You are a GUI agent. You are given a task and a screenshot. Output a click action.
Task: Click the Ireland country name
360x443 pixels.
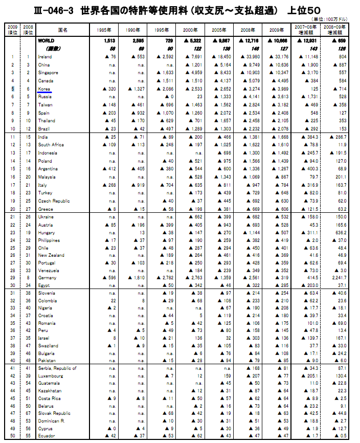click(45, 57)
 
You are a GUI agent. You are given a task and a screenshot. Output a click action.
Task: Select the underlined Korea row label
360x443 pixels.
click(43, 88)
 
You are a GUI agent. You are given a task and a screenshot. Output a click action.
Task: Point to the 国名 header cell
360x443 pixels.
click(63, 30)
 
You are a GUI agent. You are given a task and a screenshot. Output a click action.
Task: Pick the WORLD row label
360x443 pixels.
click(46, 40)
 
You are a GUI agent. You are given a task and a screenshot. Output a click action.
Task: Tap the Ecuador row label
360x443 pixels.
click(46, 435)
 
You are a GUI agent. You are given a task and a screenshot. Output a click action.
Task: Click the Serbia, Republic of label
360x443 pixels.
click(57, 368)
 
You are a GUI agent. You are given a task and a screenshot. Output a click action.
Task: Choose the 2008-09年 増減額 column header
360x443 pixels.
click(341, 30)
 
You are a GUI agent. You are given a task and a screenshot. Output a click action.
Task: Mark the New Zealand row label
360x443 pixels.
click(51, 255)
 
